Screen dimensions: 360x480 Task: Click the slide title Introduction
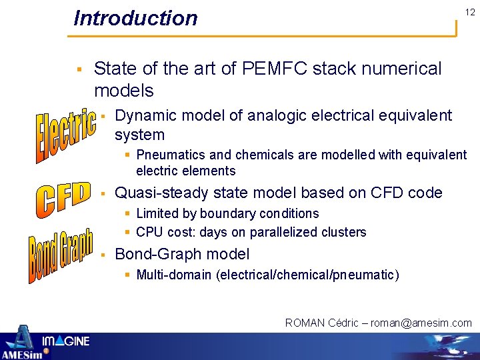click(x=135, y=18)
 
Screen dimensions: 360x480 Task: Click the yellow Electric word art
click(x=65, y=135)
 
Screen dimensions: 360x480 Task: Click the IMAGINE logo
click(x=66, y=341)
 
